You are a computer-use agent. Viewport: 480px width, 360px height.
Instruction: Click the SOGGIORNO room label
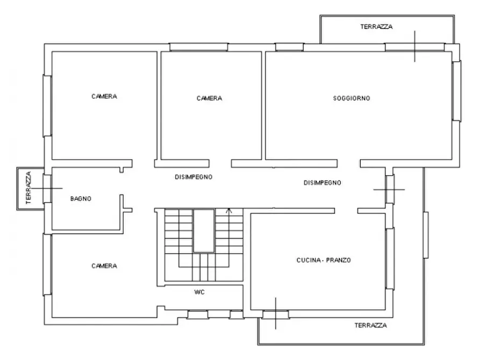pos(352,98)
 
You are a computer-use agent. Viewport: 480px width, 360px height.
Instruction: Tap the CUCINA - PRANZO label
pos(324,260)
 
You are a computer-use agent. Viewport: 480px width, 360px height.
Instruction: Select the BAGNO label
pos(81,199)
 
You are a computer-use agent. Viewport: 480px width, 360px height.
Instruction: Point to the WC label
pos(199,292)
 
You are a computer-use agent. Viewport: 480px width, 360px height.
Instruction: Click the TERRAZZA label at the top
pos(376,27)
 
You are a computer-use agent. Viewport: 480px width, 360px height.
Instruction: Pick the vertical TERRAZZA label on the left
pos(28,188)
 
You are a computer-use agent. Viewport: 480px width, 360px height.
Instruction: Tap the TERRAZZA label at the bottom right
pos(371,326)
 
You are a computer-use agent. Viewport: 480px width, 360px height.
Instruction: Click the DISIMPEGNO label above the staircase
pos(194,177)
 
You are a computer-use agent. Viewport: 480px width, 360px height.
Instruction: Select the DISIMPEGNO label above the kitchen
pos(323,183)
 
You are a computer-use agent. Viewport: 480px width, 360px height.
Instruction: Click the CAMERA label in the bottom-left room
pos(104,266)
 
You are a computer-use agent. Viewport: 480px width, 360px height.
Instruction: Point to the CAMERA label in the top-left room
pos(104,96)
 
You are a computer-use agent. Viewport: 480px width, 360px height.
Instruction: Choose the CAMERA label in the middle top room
pos(209,98)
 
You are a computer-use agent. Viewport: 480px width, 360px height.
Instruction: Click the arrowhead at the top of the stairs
pos(229,210)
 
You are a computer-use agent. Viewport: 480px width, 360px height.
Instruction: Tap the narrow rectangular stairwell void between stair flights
pos(204,231)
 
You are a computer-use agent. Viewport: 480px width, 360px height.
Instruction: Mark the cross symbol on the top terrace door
pos(415,46)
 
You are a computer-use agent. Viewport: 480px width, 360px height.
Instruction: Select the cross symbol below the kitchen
pos(276,313)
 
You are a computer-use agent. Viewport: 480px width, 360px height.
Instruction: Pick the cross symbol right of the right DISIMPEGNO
pos(389,190)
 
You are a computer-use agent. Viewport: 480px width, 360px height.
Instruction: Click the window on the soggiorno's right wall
pos(456,91)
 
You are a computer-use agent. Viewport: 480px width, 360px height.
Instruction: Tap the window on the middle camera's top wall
pos(199,47)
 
